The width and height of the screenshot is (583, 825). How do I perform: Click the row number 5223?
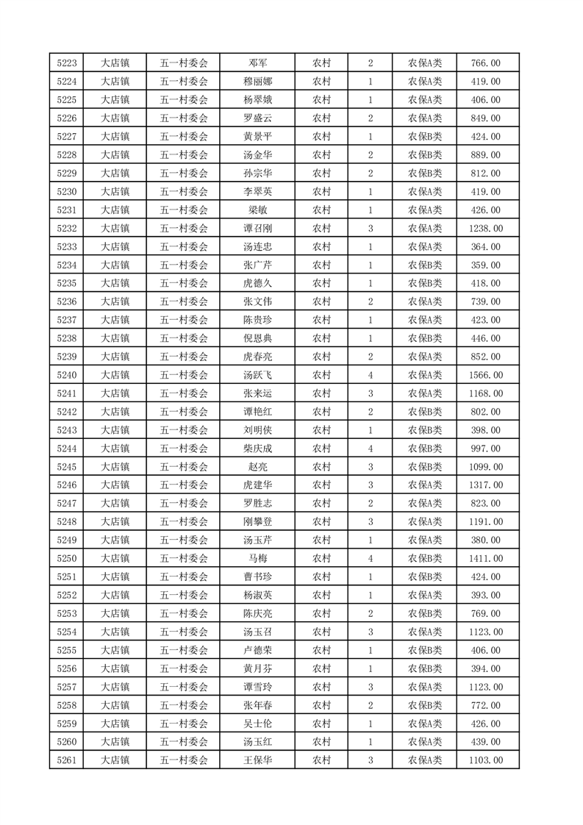[x=67, y=63]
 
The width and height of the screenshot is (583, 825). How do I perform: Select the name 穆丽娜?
[x=257, y=82]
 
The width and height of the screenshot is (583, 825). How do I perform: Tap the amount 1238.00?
[x=485, y=229]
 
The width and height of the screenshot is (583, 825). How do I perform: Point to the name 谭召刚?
[x=257, y=229]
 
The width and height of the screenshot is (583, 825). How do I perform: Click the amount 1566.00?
[x=485, y=375]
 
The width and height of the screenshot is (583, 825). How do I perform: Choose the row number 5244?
[x=67, y=449]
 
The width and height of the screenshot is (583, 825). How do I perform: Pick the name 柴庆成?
[x=257, y=449]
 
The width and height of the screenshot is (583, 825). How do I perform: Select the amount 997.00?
[x=485, y=449]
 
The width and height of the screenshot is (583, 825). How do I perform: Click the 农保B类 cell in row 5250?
[x=425, y=559]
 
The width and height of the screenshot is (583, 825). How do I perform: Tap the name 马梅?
[x=257, y=559]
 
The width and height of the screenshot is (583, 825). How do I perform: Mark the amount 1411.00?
[x=485, y=559]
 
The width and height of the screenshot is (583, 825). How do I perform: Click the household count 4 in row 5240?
[x=370, y=375]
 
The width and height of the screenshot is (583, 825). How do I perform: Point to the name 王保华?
[x=257, y=760]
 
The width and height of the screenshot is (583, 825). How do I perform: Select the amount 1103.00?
[x=485, y=760]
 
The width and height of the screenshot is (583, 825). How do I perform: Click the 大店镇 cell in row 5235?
[x=115, y=284]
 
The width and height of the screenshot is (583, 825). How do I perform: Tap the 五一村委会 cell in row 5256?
[x=184, y=668]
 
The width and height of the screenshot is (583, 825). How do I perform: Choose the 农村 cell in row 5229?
[x=321, y=174]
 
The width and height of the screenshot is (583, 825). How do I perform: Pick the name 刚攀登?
[x=257, y=522]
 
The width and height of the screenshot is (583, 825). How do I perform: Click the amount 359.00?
[x=485, y=265]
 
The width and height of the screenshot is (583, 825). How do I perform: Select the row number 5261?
[x=67, y=760]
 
